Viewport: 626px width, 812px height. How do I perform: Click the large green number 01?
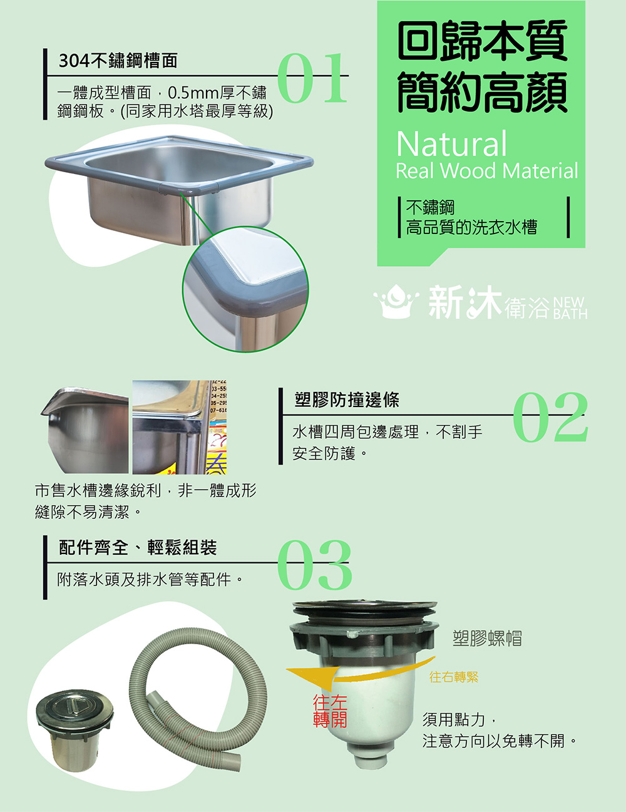coord(312,78)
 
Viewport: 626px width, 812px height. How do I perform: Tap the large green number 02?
coord(550,417)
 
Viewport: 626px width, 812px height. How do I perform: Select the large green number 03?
coord(314,565)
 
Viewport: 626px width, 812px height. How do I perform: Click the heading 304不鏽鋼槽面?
coord(118,61)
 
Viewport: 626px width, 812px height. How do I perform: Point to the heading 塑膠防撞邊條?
coord(347,399)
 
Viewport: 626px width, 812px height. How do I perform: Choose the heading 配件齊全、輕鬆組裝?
coord(138,547)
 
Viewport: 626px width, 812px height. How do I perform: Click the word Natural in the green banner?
coord(451,143)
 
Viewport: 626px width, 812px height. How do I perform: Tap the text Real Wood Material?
coord(487,171)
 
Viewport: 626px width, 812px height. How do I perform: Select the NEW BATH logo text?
coord(570,308)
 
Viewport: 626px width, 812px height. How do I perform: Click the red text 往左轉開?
coord(330,711)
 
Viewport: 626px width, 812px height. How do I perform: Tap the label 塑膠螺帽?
coord(487,638)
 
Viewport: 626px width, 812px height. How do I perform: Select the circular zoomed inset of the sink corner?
coord(246,289)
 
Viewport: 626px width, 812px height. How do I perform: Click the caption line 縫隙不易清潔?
coord(88,512)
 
